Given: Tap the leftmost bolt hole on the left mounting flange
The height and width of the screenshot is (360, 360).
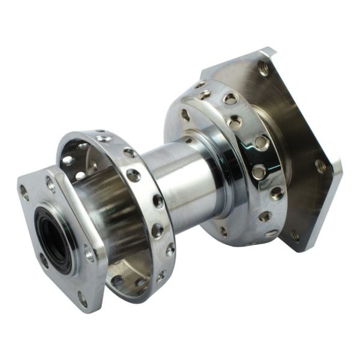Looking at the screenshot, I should coord(25,193).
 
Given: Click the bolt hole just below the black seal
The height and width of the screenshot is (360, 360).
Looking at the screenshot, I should coord(45,259).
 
